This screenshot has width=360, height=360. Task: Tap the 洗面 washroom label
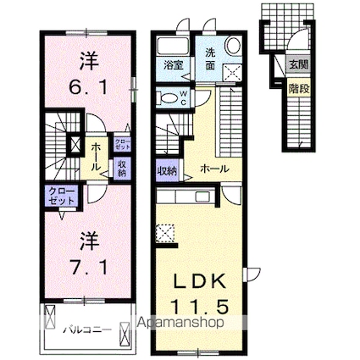tap(211, 56)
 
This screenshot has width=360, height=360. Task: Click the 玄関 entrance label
tap(296, 64)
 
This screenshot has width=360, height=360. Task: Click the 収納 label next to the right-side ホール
tap(166, 169)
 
